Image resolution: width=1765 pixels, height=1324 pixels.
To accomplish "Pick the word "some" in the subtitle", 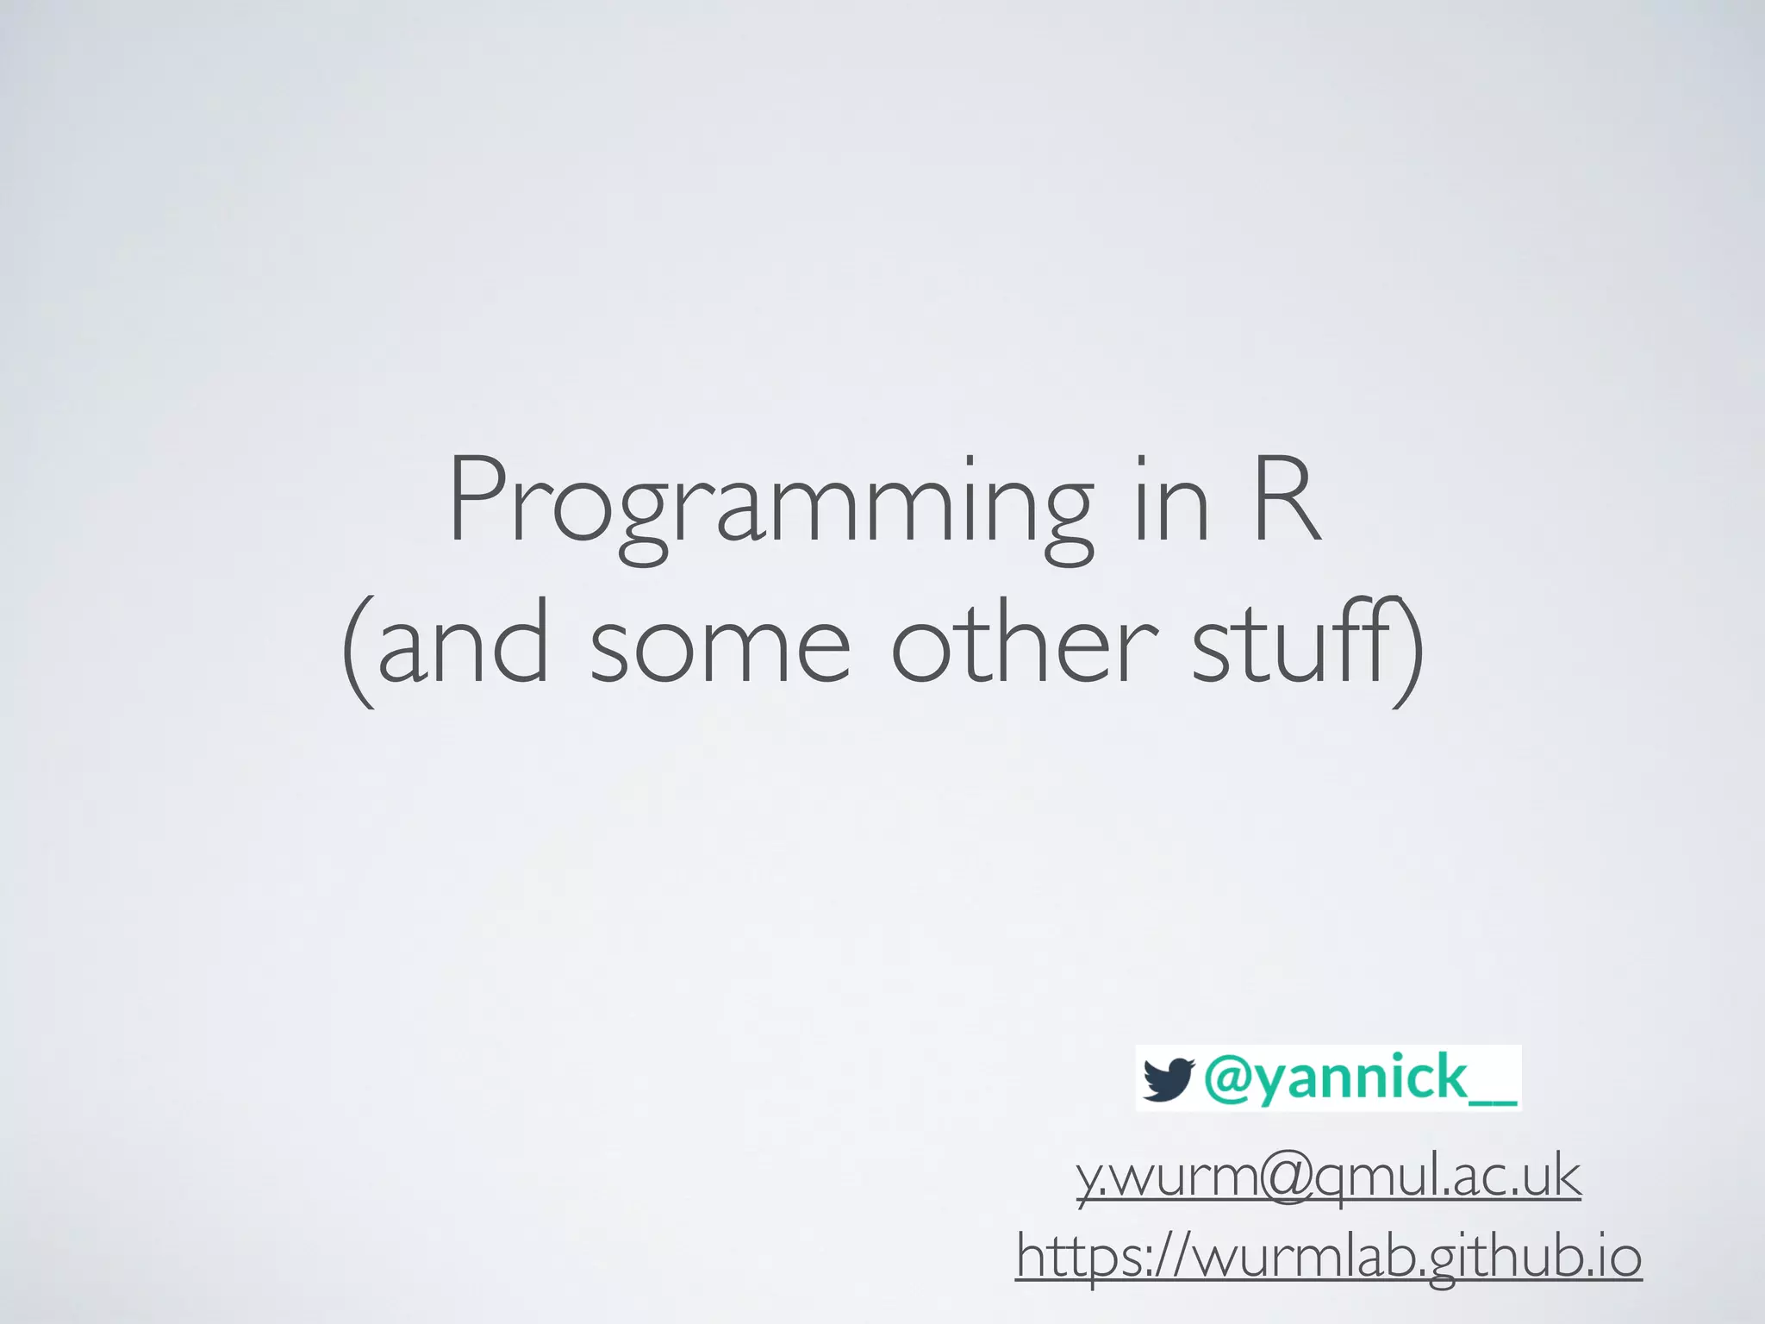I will (x=720, y=646).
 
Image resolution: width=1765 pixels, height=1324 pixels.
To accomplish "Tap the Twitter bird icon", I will (x=1168, y=1079).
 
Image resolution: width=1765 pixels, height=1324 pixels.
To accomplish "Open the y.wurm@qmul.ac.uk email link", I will (x=1328, y=1177).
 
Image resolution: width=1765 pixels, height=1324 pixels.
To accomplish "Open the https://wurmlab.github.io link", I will (x=1328, y=1256).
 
